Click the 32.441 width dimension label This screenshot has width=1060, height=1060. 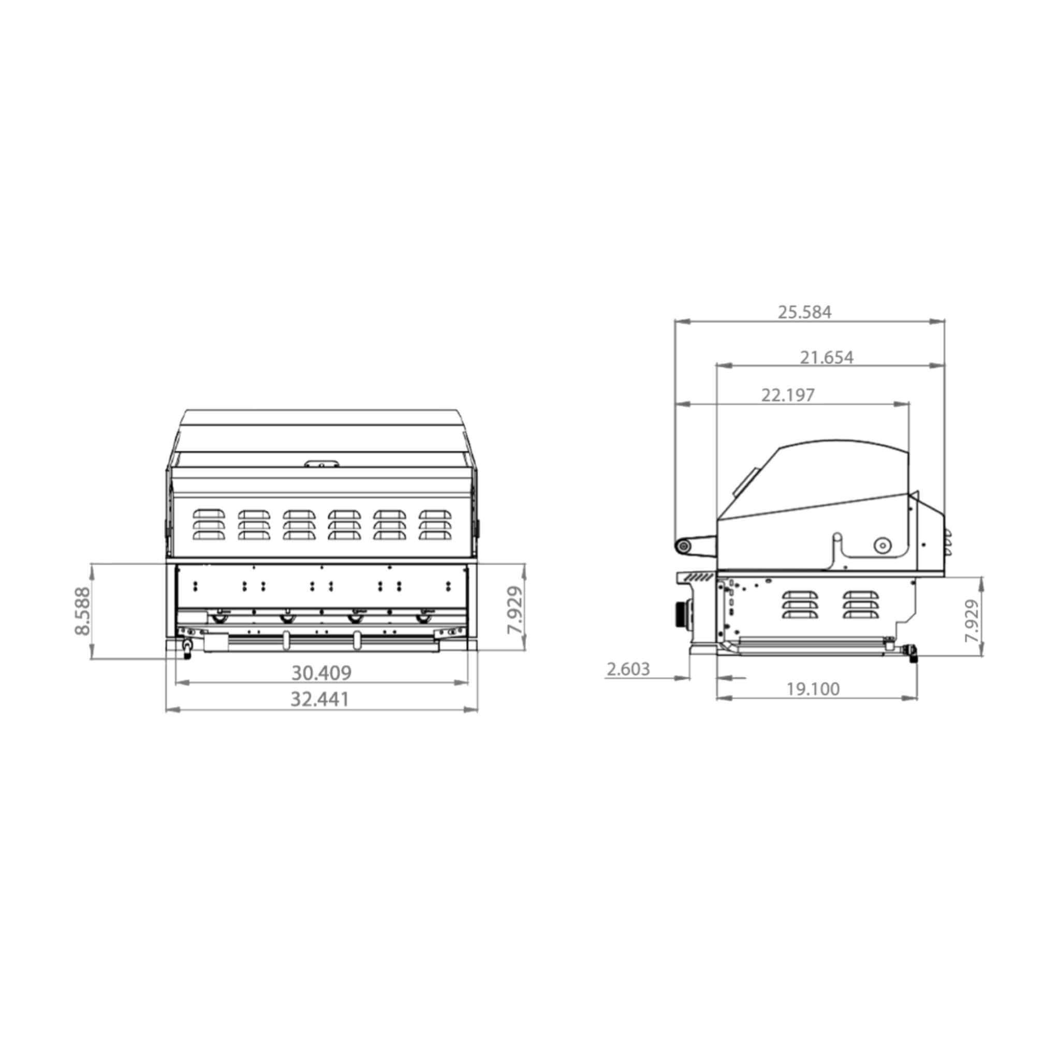tap(319, 699)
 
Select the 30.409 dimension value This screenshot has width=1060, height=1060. tap(321, 672)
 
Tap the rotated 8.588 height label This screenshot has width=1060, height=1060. tap(82, 611)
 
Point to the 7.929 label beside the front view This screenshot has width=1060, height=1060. tap(514, 610)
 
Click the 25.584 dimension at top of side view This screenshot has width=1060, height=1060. tap(804, 312)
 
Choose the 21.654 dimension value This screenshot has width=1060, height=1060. tap(826, 357)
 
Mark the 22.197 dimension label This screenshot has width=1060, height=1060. tap(788, 394)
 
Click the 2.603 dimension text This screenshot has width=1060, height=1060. tap(628, 669)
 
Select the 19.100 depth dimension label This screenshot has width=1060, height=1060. tap(813, 689)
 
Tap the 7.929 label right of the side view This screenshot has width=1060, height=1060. tap(971, 621)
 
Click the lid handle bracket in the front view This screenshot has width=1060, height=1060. tap(322, 464)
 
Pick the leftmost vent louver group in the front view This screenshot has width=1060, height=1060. tap(209, 524)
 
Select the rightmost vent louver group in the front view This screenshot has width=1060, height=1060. tap(435, 524)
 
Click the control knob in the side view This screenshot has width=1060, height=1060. tap(683, 614)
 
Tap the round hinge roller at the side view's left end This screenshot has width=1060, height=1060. tap(684, 546)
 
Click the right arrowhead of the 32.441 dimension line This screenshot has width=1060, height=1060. tap(472, 710)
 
